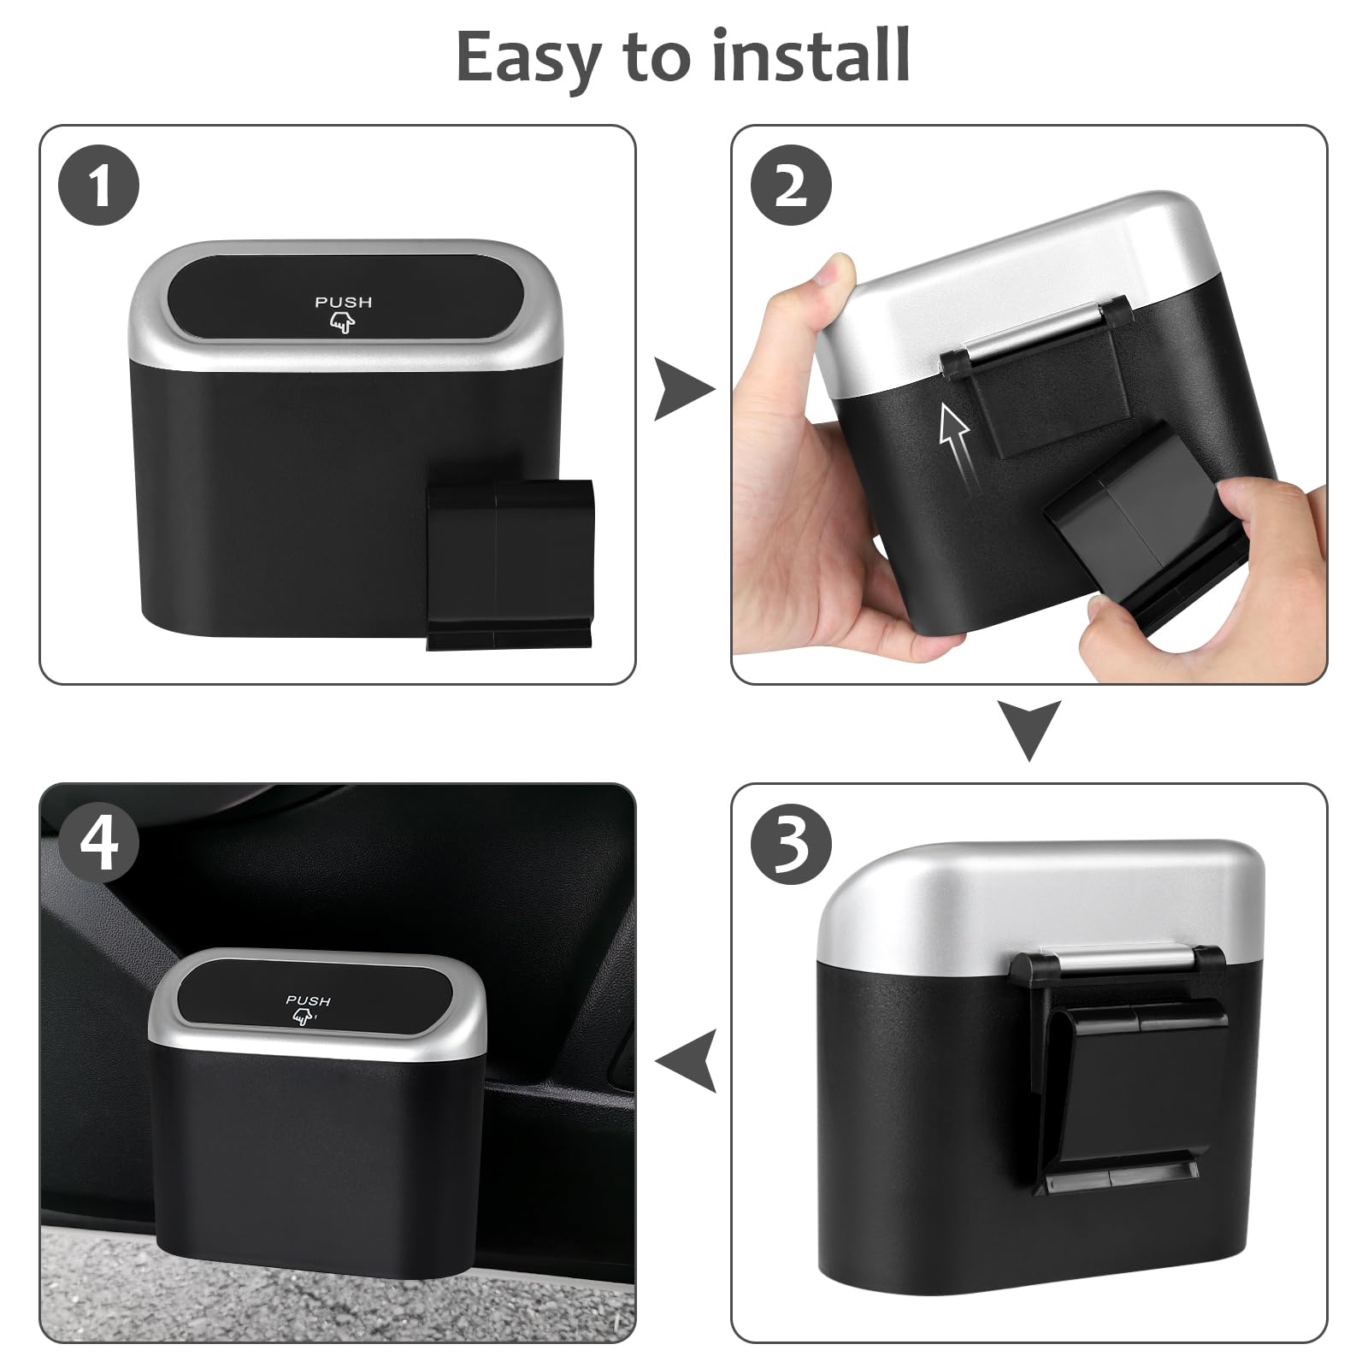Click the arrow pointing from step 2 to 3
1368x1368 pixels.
1029,729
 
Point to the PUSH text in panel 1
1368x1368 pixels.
343,302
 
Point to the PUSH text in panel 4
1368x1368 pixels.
308,1000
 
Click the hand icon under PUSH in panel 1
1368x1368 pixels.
341,322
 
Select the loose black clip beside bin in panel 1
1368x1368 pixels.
509,564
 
